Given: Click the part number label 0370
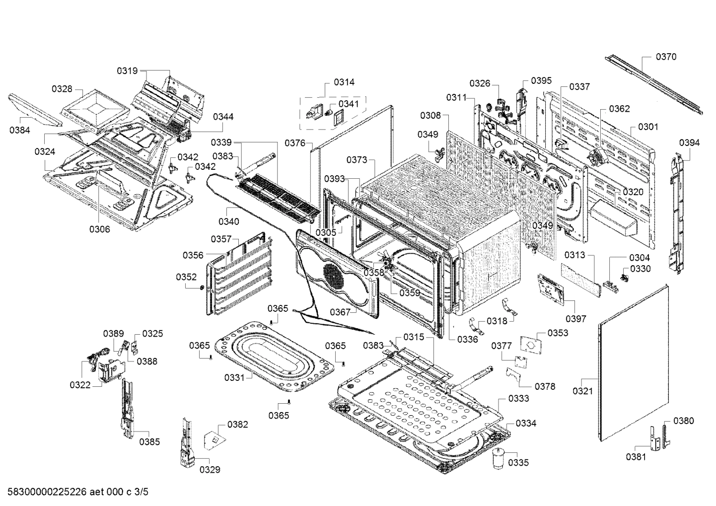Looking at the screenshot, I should (x=665, y=57).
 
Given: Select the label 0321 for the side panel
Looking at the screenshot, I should (x=582, y=391).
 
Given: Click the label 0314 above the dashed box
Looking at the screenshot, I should (x=344, y=82).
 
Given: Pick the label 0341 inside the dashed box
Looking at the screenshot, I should (x=348, y=104).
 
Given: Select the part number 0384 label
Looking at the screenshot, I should (x=19, y=131).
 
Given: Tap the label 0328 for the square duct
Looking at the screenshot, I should (x=62, y=89).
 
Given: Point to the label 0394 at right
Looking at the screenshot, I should (x=689, y=143).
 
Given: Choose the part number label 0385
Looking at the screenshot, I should (x=149, y=441).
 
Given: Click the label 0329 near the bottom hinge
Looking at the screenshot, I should (x=210, y=469).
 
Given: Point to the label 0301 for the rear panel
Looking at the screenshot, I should (x=647, y=127).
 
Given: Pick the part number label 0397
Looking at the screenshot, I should (x=575, y=319).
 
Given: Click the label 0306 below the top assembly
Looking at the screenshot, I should (x=99, y=229).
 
